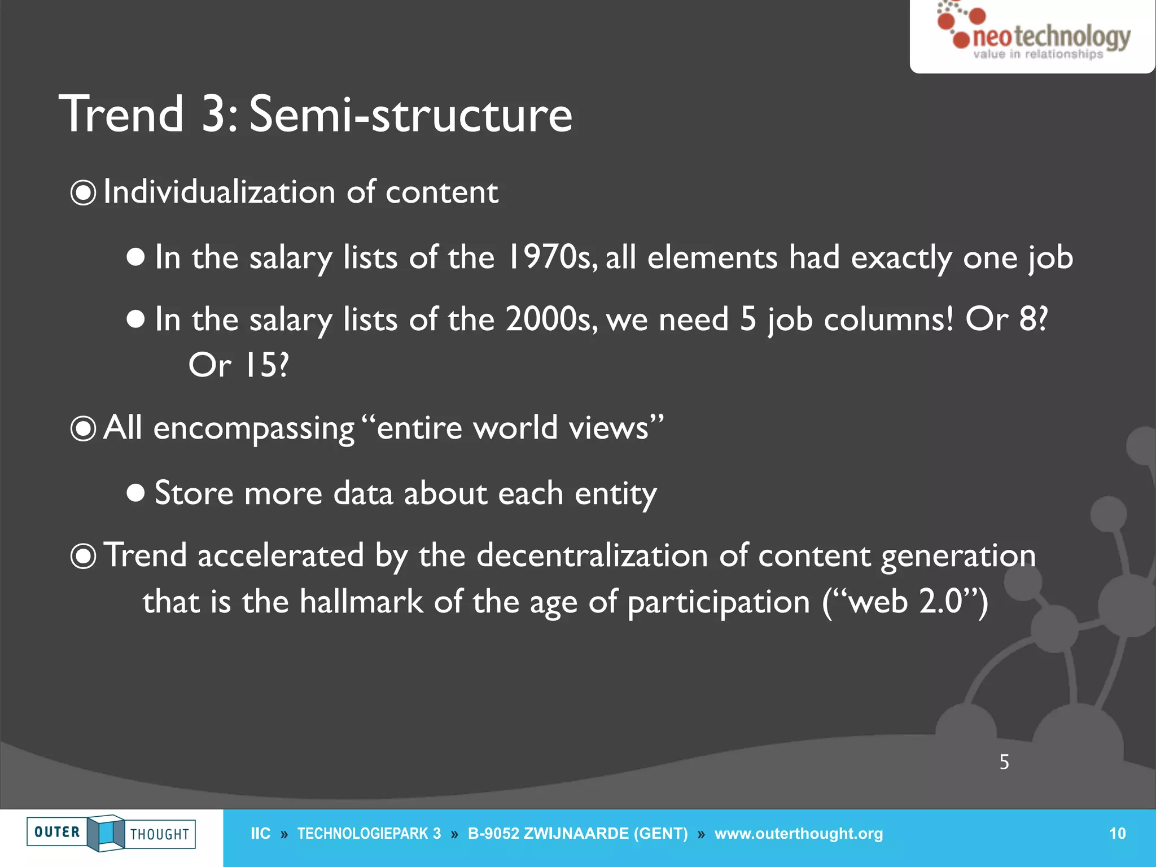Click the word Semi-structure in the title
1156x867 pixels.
click(410, 115)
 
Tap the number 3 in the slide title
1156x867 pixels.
click(214, 115)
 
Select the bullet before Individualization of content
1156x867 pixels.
click(83, 193)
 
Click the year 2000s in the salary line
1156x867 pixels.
click(550, 319)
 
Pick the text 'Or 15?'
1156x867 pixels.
click(238, 365)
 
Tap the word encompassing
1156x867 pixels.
click(253, 428)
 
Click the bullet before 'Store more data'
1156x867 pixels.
click(135, 493)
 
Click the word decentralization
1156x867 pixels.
click(592, 555)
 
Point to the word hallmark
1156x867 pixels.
click(361, 602)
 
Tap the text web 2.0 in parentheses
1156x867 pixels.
click(905, 602)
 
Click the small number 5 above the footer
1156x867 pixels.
click(1004, 762)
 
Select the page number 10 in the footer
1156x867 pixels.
click(1117, 834)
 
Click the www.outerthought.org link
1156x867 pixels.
click(798, 834)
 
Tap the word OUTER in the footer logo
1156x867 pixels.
click(57, 832)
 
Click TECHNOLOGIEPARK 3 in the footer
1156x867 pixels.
click(369, 834)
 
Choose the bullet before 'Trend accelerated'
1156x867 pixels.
click(83, 557)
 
